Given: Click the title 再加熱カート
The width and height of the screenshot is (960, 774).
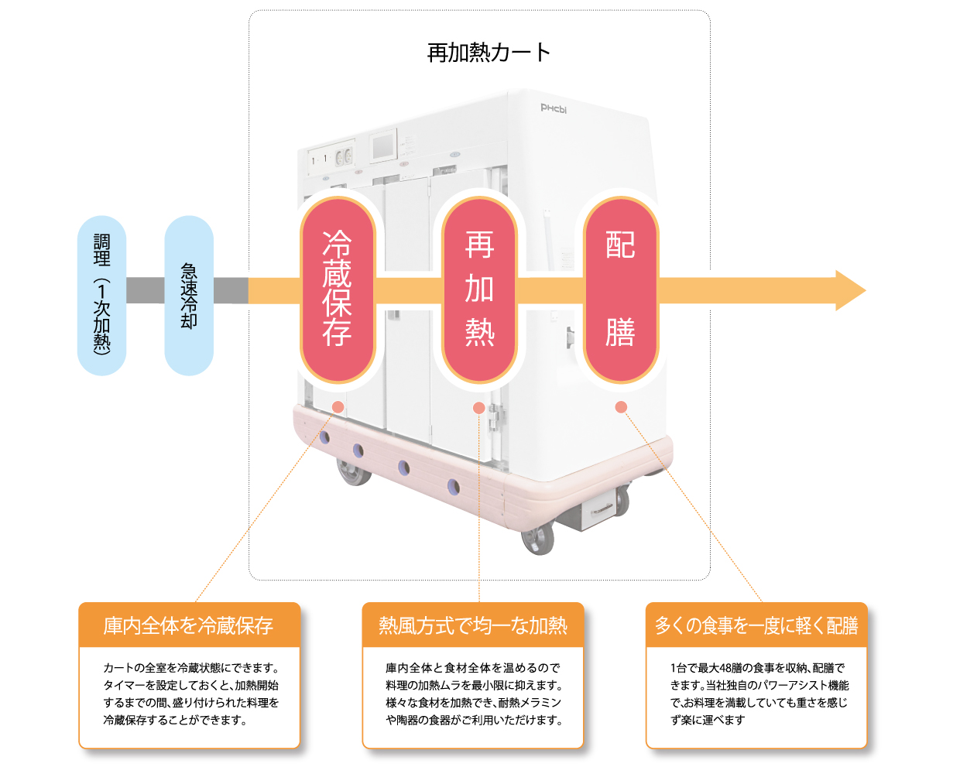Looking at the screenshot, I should (489, 53).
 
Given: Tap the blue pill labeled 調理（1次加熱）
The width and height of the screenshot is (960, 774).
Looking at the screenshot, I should (101, 296).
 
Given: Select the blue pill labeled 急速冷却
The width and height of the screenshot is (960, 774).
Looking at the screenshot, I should (189, 296).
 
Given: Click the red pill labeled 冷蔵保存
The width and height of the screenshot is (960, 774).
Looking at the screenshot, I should (338, 289).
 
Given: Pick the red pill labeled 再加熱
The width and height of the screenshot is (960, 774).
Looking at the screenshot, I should (479, 289).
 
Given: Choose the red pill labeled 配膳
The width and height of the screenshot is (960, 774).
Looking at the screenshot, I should (621, 289).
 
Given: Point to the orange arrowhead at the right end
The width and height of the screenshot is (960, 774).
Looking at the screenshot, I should (849, 291).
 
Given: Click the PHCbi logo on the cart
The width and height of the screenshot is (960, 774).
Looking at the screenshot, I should (554, 108).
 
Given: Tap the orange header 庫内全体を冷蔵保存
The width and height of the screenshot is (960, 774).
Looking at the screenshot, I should (189, 625).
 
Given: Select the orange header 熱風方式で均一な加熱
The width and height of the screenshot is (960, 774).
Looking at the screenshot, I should (473, 625).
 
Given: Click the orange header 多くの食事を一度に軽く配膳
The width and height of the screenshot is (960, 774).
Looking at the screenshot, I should (756, 625).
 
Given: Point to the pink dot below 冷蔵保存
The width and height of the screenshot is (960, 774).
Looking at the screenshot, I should (338, 407).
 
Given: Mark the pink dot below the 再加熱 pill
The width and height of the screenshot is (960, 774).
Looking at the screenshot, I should (479, 408).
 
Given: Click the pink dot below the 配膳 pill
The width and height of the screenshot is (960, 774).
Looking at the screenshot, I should (621, 407).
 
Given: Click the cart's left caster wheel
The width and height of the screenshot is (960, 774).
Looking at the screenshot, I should (355, 471).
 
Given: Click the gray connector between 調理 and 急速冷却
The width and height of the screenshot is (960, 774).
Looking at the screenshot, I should (146, 290).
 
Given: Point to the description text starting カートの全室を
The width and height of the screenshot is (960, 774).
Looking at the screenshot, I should (190, 694).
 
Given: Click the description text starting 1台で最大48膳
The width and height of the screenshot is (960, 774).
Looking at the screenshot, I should (759, 694).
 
